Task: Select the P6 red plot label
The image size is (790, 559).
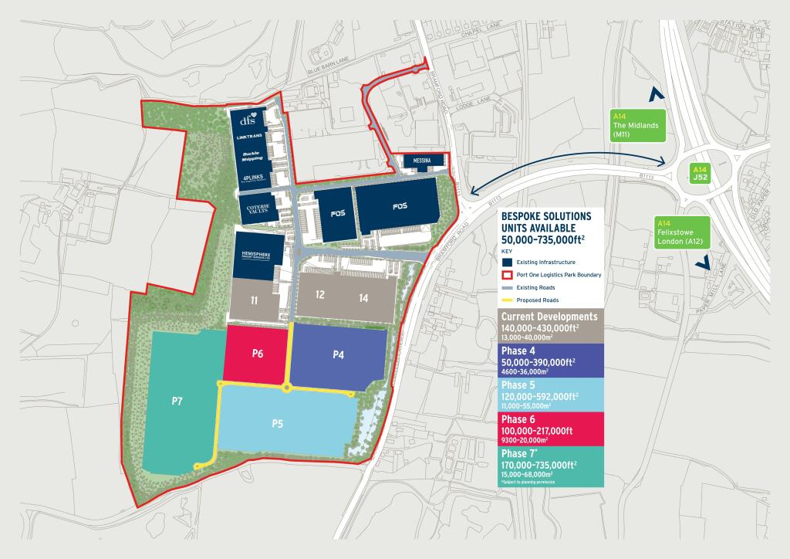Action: point(258,354)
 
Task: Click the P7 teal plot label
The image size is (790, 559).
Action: point(177,401)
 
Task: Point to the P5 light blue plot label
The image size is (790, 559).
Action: point(279,423)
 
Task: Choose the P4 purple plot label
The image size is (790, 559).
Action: point(338,354)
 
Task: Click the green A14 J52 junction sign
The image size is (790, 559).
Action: point(700,172)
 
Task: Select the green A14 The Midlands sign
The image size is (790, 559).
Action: point(633,124)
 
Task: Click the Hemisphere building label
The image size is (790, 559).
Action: point(255,255)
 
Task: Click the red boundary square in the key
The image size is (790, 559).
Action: point(506,274)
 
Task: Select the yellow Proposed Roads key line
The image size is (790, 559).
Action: point(506,300)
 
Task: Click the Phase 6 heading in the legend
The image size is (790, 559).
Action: point(523,419)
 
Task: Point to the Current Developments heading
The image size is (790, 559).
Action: point(549,317)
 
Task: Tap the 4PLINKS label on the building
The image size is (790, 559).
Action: point(252,178)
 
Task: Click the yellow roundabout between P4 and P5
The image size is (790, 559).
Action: point(288,389)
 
